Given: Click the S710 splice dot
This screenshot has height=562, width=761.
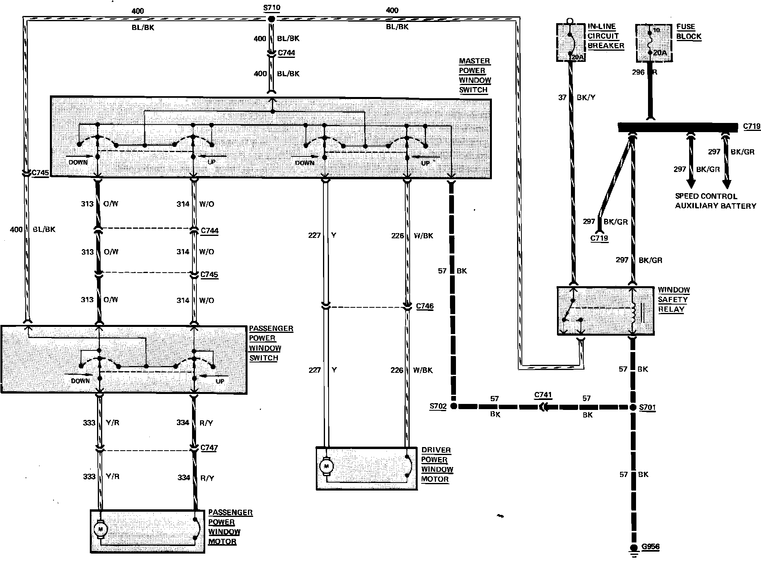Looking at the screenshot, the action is click(x=272, y=19).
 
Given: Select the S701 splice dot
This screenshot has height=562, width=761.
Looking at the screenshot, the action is click(x=633, y=408).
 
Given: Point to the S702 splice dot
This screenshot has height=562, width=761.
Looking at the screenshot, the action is click(x=454, y=406).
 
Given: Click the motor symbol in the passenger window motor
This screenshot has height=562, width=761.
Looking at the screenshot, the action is click(x=100, y=529).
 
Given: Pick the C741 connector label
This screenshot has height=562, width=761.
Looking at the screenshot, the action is click(x=543, y=395).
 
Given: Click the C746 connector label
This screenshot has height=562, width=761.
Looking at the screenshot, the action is click(x=424, y=306).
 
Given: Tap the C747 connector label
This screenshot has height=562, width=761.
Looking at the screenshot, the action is click(x=209, y=448).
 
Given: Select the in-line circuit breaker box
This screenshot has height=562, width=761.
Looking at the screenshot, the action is click(x=571, y=42).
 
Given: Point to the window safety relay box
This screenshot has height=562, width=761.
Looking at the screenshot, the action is click(x=605, y=311).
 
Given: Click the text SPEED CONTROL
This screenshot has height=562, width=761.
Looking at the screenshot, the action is click(x=706, y=196).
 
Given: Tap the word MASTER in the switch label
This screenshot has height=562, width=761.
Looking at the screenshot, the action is click(x=474, y=61).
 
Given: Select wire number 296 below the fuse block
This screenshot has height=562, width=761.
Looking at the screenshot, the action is click(x=638, y=72).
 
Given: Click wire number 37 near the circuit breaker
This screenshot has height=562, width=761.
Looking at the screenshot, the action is click(x=563, y=97).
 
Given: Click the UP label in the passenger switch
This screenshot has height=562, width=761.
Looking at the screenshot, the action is click(x=220, y=381).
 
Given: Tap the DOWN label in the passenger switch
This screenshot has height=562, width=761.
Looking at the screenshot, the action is click(x=80, y=381).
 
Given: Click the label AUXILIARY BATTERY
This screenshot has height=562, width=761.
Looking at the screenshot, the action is click(x=715, y=206).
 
